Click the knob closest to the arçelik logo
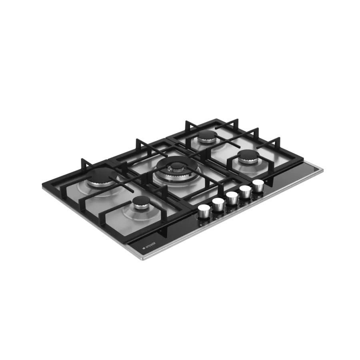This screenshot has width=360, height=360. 204,212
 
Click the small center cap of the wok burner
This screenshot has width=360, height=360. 176,166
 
